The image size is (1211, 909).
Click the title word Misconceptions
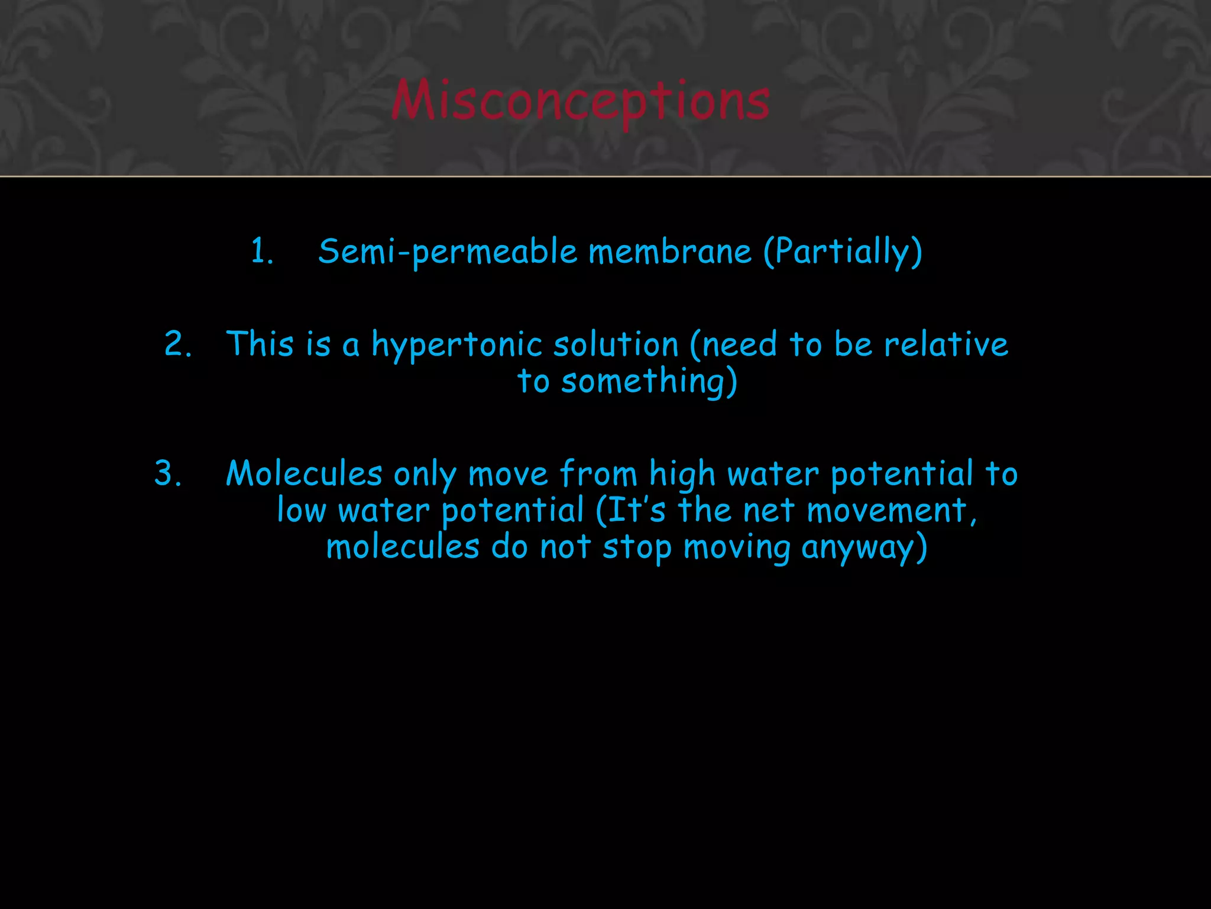pos(580,101)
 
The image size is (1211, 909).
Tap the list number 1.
pos(261,251)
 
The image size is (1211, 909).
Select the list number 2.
pos(177,344)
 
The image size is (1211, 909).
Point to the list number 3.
pos(167,473)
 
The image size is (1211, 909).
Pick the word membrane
pos(670,251)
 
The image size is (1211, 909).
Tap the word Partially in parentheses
pos(843,252)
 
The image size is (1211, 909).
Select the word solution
pos(616,344)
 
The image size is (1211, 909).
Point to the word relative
pos(946,344)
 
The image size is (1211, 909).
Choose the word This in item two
pos(260,344)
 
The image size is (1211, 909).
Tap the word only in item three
pos(425,475)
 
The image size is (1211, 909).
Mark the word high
pos(682,475)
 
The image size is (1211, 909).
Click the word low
pos(301,510)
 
